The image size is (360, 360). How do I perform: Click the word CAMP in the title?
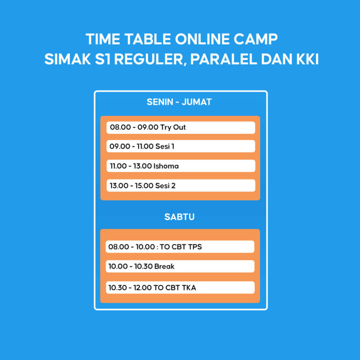coord(257,38)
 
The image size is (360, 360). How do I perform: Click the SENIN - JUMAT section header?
coord(179,102)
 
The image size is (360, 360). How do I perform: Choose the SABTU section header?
coord(180,217)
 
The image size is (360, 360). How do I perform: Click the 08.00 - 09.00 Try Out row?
coord(180,127)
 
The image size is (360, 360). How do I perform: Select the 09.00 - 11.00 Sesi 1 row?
coord(180,147)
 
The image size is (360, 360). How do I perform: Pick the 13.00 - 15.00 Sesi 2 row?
coord(180,186)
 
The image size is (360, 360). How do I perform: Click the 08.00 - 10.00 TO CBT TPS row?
coord(180,247)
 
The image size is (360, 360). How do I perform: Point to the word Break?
coord(164,266)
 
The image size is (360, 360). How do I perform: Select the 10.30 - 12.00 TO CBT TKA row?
coord(180,287)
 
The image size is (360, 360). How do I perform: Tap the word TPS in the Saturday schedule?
coord(195,247)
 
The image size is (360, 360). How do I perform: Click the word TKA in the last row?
coord(187,287)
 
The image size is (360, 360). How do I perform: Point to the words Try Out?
coord(173,127)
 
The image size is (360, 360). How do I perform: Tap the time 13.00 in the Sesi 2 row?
coord(118,186)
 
